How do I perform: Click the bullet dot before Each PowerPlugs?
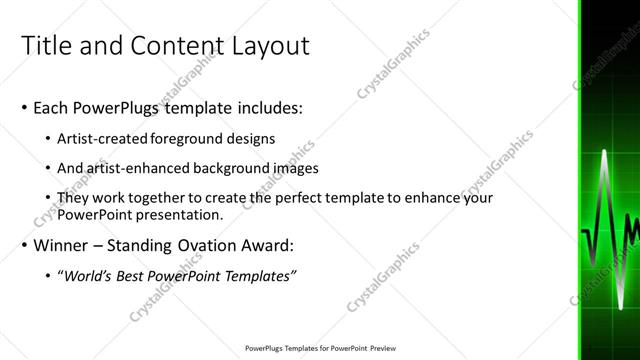pos(24,106)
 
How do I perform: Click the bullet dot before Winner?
pos(24,246)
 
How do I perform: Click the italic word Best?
pos(133,276)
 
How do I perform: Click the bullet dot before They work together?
pos(50,198)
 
